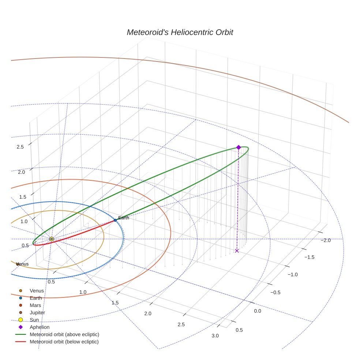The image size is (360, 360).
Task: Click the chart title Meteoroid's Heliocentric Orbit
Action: point(180,33)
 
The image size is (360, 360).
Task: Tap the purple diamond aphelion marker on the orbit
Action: point(239,147)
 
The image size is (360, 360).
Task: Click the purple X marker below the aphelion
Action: point(237,251)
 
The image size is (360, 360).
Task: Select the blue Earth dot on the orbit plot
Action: point(115,220)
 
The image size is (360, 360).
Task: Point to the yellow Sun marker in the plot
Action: point(52,239)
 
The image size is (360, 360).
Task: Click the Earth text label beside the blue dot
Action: point(124,218)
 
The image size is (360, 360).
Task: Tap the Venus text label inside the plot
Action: point(22,264)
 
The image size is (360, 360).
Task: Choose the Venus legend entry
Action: point(37,291)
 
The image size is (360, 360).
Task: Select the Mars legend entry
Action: point(35,305)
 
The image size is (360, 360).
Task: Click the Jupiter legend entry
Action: point(37,313)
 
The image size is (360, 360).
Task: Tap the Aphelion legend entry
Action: point(40,327)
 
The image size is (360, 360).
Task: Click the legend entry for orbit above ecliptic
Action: point(64,334)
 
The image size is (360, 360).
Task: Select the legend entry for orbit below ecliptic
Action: point(64,342)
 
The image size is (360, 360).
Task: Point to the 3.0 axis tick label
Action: point(215,336)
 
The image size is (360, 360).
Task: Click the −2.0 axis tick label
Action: point(325,240)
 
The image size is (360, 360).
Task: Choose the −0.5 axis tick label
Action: point(275,292)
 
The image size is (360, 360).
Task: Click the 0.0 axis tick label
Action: point(258,311)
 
